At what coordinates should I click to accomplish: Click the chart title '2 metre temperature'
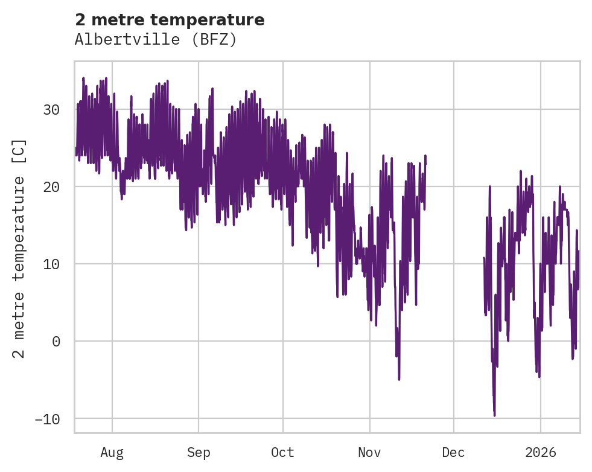pos(170,20)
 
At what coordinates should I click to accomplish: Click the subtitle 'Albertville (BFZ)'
pos(156,40)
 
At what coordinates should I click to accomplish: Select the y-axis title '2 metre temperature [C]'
pos(19,248)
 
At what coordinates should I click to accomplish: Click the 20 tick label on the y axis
pos(51,187)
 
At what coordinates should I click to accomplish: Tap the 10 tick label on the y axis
pos(51,264)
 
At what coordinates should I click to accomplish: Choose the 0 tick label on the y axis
pos(56,342)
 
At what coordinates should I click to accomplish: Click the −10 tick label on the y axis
pos(47,419)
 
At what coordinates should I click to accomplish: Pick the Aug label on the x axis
pos(112,453)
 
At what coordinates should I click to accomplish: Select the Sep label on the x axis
pos(199,453)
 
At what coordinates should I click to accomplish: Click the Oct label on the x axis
pos(282,453)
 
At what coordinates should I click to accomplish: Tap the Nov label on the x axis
pos(369,453)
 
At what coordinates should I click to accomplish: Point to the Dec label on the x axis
pos(453,453)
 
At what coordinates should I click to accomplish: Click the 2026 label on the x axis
pos(540,453)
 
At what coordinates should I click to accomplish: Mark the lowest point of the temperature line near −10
pos(494,415)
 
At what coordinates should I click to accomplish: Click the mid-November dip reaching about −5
pos(399,378)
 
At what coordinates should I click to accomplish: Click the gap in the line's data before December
pos(454,241)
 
